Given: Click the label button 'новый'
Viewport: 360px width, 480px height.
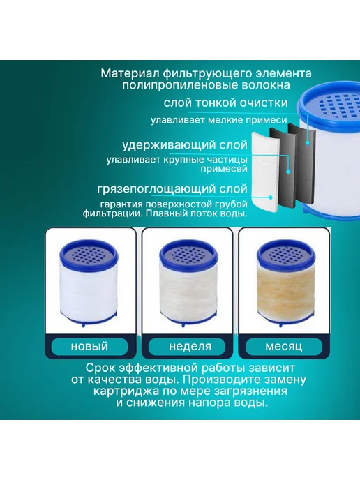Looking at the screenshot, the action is [89, 347].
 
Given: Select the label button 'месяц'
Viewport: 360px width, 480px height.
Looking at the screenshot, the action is [284, 347].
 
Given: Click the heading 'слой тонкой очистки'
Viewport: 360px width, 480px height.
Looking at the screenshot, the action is [225, 103].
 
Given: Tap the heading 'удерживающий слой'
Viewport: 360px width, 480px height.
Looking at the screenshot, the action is [185, 145].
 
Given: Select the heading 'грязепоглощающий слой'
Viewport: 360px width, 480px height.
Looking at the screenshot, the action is [172, 188].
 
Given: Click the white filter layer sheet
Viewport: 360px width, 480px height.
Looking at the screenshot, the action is [265, 172].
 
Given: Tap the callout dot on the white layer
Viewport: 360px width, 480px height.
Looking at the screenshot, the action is [270, 197].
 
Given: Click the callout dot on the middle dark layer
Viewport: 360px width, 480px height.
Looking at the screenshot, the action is [288, 172].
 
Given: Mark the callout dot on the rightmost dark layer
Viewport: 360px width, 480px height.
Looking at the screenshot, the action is [307, 143].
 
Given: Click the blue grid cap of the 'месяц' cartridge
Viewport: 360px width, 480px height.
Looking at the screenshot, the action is [285, 253].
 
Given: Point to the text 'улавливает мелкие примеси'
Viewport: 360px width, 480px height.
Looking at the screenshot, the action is [219, 120].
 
